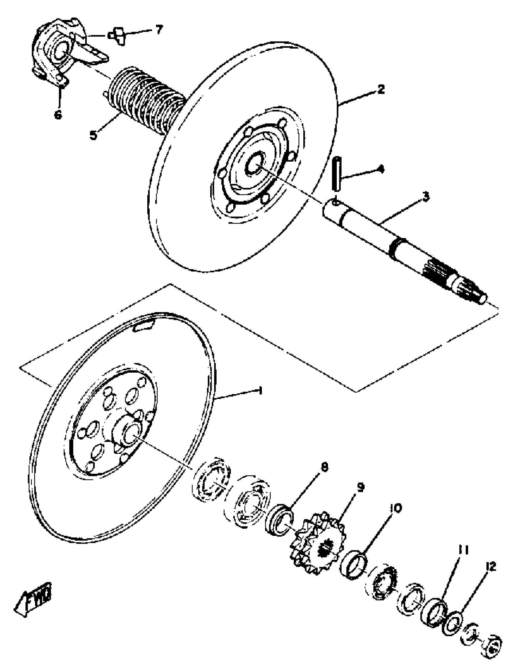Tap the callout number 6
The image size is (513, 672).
point(58,114)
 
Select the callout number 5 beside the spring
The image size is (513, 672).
point(94,135)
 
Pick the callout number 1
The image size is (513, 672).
point(260,390)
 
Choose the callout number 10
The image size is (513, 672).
point(396,508)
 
